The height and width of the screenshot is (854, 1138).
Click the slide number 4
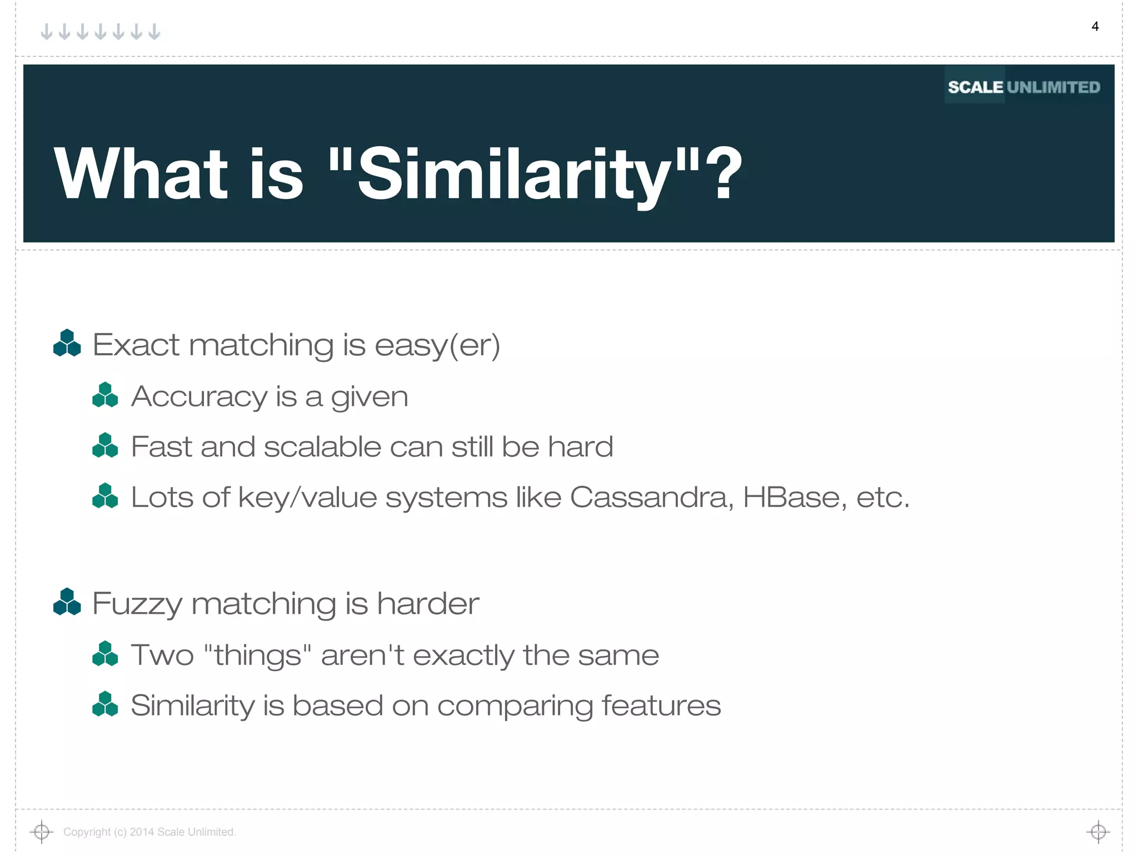point(1095,27)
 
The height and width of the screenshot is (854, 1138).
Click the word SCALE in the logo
point(975,87)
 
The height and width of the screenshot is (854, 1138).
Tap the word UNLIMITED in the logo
point(1053,87)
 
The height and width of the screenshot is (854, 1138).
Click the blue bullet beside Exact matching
point(67,343)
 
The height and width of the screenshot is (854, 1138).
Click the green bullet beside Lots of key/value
point(105,496)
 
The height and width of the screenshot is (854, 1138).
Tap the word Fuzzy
point(137,604)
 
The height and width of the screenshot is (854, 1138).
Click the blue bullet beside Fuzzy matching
point(67,602)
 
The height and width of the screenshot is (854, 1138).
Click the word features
point(661,706)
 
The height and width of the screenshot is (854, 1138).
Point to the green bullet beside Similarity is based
point(105,704)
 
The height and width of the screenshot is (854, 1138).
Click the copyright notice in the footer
point(149,832)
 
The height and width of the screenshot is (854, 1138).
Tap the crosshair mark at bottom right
point(1098,832)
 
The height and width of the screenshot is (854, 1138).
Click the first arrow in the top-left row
point(47,32)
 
